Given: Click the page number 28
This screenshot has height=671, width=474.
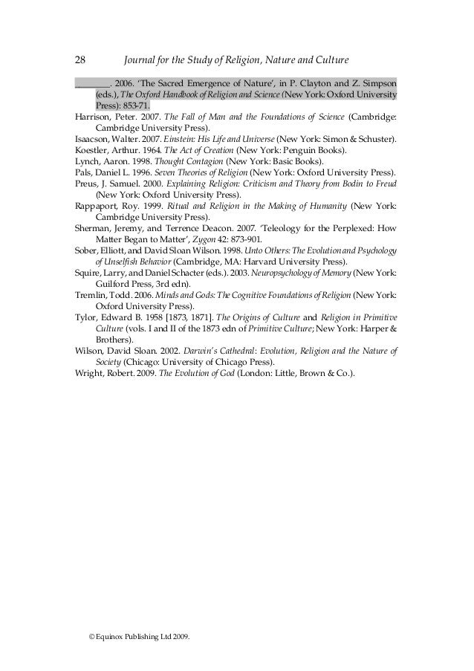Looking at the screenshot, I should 82,59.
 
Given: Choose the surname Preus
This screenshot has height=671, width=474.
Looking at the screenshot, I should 88,183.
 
